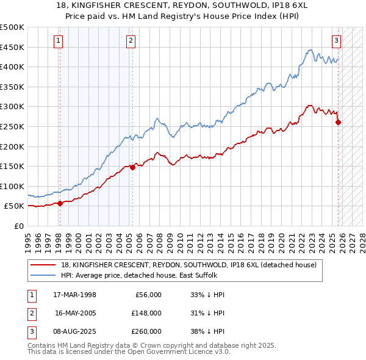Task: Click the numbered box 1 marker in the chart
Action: [x=59, y=41]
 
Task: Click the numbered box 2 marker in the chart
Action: [x=131, y=41]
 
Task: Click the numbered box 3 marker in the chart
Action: [x=336, y=41]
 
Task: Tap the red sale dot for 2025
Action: [x=339, y=122]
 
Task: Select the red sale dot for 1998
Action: [x=60, y=204]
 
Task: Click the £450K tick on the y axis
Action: [x=12, y=47]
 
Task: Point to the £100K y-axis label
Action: [x=12, y=186]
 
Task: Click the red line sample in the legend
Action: [x=44, y=265]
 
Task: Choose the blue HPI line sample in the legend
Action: [x=44, y=275]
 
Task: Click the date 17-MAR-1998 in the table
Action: [x=75, y=295]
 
